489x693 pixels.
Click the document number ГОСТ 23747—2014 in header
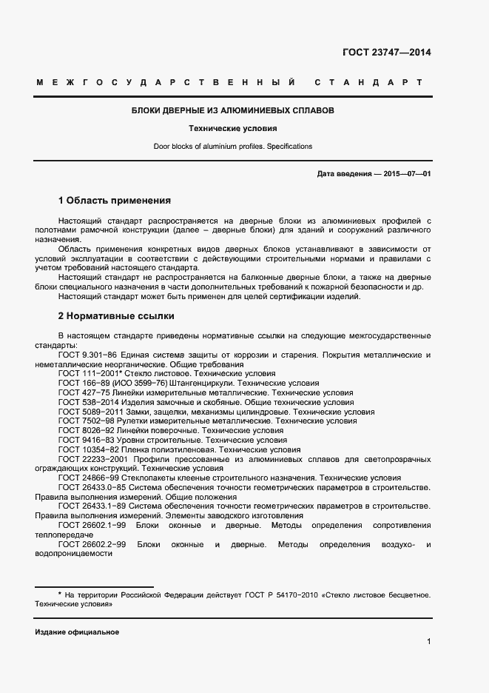point(386,53)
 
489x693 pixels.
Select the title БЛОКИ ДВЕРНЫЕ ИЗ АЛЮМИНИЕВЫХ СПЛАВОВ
point(233,110)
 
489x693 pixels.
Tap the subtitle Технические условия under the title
point(232,128)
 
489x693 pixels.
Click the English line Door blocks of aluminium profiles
point(233,147)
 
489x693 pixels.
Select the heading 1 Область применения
point(115,201)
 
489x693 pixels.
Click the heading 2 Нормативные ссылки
point(116,316)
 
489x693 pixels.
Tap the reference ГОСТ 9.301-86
point(86,355)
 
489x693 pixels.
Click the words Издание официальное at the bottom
point(77,632)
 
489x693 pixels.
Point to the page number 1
point(428,642)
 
